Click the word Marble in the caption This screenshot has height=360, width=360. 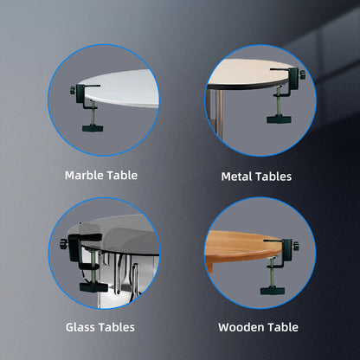coord(84,176)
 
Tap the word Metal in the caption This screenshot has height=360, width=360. coord(236,177)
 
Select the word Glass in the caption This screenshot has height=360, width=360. coord(80,327)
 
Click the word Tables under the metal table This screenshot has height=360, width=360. coord(273,177)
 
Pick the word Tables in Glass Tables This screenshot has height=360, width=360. coord(117,327)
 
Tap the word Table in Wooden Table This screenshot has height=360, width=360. coord(283,327)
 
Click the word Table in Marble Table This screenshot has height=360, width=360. coord(122,176)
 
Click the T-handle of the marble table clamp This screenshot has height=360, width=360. coord(93,128)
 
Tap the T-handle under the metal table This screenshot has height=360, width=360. coord(280,119)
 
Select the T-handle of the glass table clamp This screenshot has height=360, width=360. coord(93,287)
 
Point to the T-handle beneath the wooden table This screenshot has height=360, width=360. coord(273,291)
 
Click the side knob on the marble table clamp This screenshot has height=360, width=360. coord(72,90)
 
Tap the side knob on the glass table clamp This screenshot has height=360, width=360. coord(63,244)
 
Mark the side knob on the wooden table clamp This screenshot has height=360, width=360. coord(296,246)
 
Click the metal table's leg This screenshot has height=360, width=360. coord(219,112)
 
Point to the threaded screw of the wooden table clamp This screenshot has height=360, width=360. coord(272,273)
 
